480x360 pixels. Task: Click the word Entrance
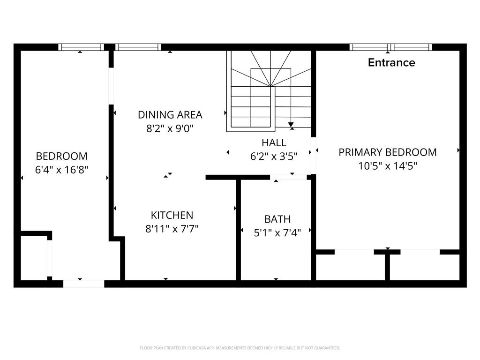pos(391,62)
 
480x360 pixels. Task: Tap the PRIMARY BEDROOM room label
pos(388,152)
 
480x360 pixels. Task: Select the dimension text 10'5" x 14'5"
pos(388,166)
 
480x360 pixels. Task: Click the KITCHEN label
pos(172,215)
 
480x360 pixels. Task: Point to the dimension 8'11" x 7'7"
pos(172,229)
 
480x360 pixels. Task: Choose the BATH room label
pos(277,219)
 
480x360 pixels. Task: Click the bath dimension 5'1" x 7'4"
pos(277,233)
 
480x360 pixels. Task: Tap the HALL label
pos(274,142)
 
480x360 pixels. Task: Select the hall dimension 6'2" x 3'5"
pos(274,157)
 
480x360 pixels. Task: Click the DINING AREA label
pos(170,115)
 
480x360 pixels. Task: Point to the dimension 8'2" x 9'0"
pos(170,128)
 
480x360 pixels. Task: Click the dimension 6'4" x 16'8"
pos(61,170)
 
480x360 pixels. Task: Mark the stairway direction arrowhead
pos(291,125)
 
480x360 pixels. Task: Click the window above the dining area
pos(138,47)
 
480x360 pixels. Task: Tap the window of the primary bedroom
pos(390,47)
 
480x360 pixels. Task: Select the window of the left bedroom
pos(81,47)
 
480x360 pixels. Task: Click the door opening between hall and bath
pos(288,177)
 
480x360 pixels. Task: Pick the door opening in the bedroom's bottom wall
pos(83,284)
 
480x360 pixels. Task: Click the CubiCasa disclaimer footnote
pos(240,348)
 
